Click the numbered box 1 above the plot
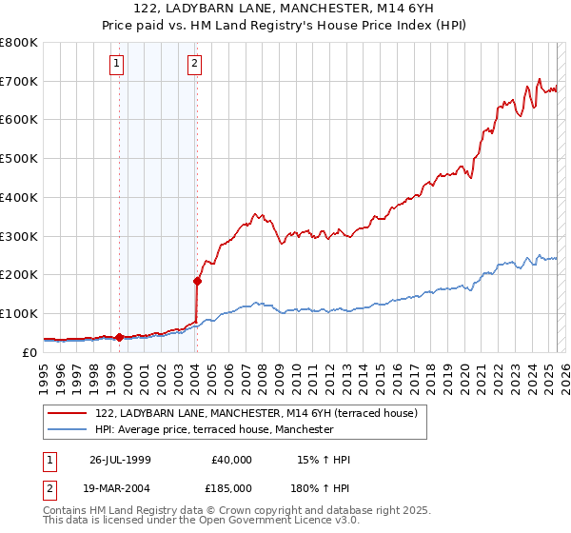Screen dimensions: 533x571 click(116, 64)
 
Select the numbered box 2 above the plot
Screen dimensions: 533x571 click(193, 64)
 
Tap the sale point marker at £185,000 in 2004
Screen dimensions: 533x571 click(197, 280)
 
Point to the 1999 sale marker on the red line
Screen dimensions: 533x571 click(119, 337)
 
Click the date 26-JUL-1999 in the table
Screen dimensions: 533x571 click(120, 460)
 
